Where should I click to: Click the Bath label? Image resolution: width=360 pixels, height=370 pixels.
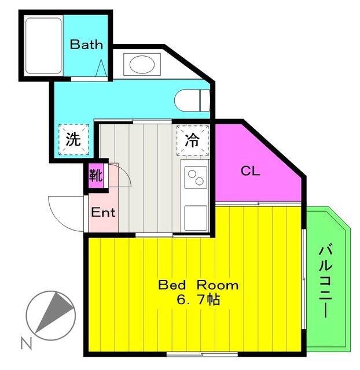click(87, 44)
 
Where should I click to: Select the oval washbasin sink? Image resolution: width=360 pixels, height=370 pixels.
click(141, 64)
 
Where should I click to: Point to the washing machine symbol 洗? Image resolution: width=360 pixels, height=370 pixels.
click(73, 139)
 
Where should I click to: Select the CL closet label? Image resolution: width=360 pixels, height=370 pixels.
click(250, 171)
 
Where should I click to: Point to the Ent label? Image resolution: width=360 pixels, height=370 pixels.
click(104, 212)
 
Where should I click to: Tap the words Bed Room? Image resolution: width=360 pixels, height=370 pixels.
click(198, 285)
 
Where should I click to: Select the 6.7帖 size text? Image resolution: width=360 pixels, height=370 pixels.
click(198, 301)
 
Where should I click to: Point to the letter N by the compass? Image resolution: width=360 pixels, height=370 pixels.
click(25, 343)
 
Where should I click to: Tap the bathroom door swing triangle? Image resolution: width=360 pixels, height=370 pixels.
click(101, 69)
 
